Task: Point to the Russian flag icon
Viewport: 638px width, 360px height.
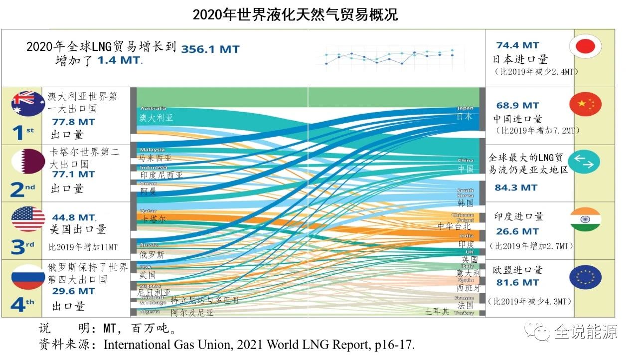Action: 28,277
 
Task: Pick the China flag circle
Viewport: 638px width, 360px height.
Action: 586,104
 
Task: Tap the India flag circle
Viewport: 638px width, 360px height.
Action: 586,219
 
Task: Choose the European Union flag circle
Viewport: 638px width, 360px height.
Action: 586,277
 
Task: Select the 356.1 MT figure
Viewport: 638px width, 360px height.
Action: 210,49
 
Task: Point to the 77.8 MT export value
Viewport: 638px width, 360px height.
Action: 73,122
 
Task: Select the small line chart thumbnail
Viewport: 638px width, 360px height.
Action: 389,56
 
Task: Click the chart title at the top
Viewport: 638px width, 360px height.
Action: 295,14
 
